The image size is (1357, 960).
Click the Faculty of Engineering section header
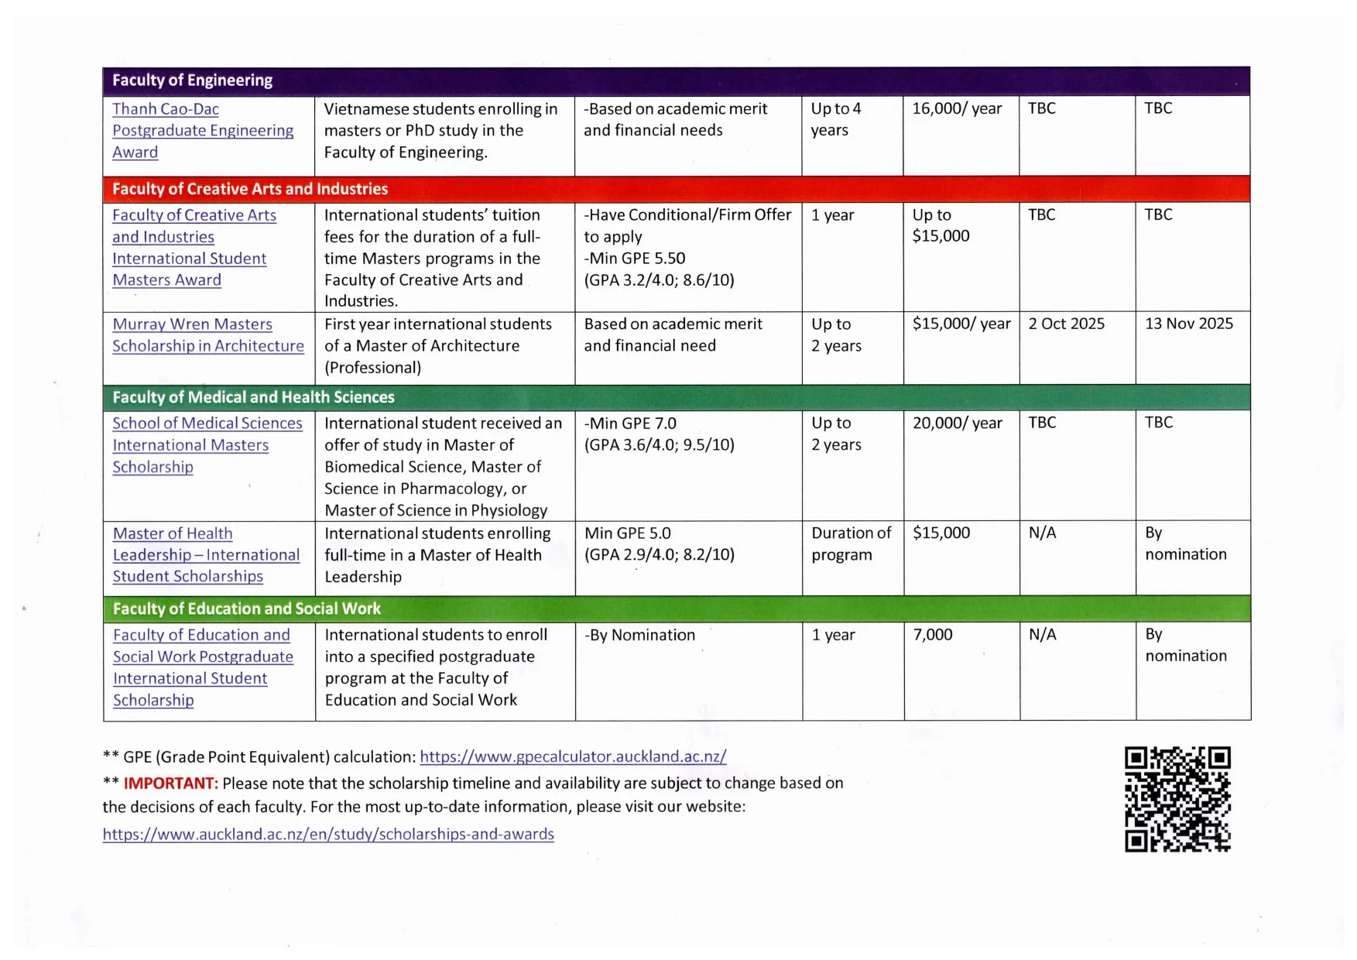(x=193, y=81)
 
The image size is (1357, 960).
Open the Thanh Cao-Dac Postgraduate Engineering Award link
(x=202, y=130)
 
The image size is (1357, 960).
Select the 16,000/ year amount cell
(x=957, y=108)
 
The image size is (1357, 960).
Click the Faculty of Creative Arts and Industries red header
(x=250, y=189)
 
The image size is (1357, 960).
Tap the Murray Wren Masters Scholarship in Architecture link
(x=207, y=334)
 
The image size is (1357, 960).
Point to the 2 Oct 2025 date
(x=1066, y=324)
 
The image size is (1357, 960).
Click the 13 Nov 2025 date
(x=1188, y=324)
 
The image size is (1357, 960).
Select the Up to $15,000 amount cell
(x=941, y=225)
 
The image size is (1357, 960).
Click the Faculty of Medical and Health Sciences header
(x=253, y=397)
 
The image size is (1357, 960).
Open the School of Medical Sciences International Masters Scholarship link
(x=207, y=445)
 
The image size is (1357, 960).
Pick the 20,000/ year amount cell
(x=957, y=423)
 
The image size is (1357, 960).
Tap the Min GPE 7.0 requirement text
(x=630, y=423)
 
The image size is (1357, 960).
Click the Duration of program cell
(x=851, y=543)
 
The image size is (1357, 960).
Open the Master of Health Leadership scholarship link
(x=205, y=554)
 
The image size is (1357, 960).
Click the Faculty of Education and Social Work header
(x=246, y=609)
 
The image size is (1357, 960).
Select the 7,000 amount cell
(x=933, y=635)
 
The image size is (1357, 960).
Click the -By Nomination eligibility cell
(x=639, y=635)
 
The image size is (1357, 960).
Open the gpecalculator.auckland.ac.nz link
(x=573, y=756)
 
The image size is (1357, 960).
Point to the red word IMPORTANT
(x=170, y=783)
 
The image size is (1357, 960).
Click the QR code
(x=1177, y=799)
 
